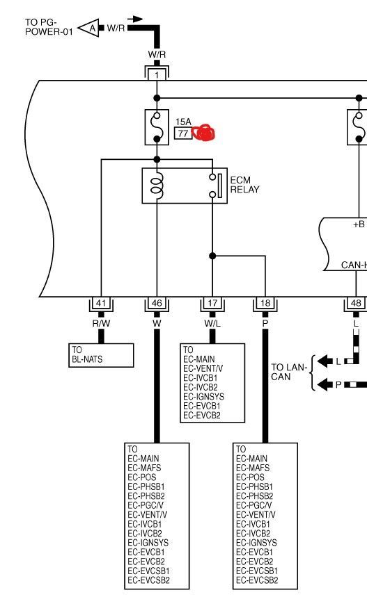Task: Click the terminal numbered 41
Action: pyautogui.click(x=101, y=304)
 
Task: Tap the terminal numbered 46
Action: pyautogui.click(x=157, y=304)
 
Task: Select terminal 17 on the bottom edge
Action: pyautogui.click(x=212, y=304)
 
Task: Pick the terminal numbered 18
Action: pyautogui.click(x=265, y=304)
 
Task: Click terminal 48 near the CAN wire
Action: pyautogui.click(x=356, y=304)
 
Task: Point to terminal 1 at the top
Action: pyautogui.click(x=157, y=74)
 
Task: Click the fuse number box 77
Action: pyautogui.click(x=183, y=133)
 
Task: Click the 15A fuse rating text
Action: pyautogui.click(x=183, y=122)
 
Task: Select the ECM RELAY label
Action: pyautogui.click(x=244, y=185)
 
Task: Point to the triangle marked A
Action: pyautogui.click(x=89, y=28)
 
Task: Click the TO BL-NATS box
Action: pyautogui.click(x=101, y=355)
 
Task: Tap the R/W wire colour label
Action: pyautogui.click(x=101, y=323)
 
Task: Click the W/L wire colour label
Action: pyautogui.click(x=212, y=323)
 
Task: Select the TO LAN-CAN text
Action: pyautogui.click(x=289, y=372)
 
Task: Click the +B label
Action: pyautogui.click(x=359, y=224)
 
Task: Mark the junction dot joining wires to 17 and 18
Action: pyautogui.click(x=212, y=256)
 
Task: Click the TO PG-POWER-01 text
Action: pyautogui.click(x=49, y=27)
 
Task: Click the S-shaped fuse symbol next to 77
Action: pyautogui.click(x=157, y=127)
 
